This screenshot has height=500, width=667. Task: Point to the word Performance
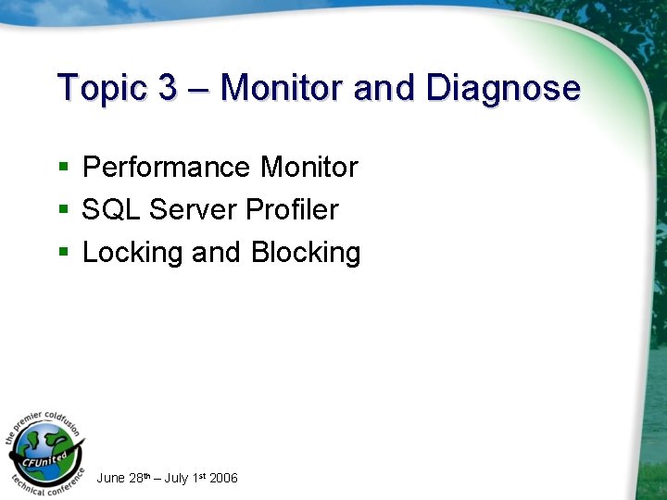pos(167,168)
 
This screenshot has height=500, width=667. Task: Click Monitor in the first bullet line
pos(308,168)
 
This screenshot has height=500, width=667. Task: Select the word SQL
pos(111,210)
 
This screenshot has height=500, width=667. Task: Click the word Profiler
pos(292,210)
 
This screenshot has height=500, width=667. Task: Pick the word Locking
pos(133,253)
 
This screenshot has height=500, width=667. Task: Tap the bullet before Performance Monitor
pos(63,168)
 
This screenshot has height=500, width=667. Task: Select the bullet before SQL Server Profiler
pos(63,210)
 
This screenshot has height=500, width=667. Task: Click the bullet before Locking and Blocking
pos(63,253)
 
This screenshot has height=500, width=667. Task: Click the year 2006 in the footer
pos(223,478)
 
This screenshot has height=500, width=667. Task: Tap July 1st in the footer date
pos(184,478)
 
